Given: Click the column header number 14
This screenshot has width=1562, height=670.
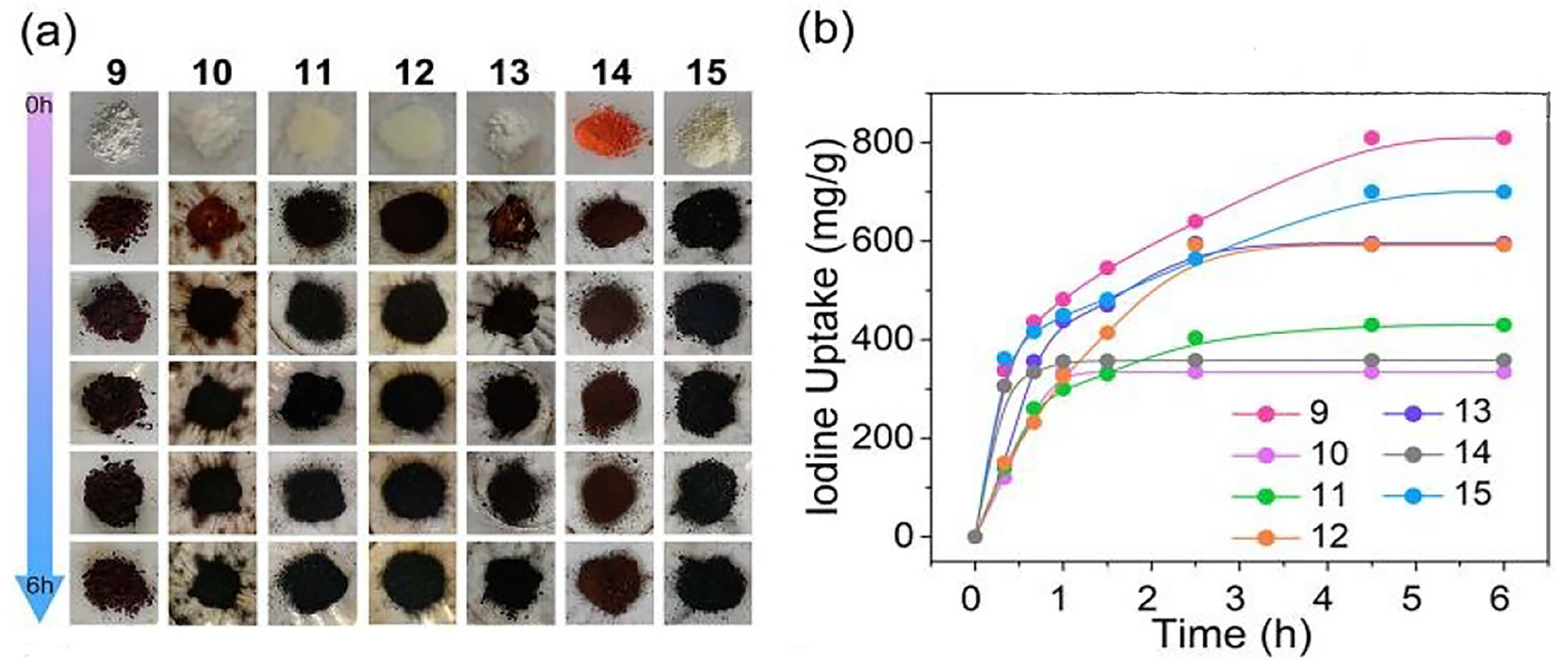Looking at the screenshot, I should tap(610, 72).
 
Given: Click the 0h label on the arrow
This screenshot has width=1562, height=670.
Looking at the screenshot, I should tap(38, 106).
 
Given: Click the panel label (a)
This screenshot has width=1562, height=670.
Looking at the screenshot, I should tap(49, 35).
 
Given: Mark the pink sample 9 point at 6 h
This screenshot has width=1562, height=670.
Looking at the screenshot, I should tap(1503, 138).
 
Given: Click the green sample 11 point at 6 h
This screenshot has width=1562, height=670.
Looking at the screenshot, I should tap(1503, 325).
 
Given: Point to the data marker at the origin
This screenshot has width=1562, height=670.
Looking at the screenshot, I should tap(974, 536).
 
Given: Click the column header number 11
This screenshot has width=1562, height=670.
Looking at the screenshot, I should tap(313, 72).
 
